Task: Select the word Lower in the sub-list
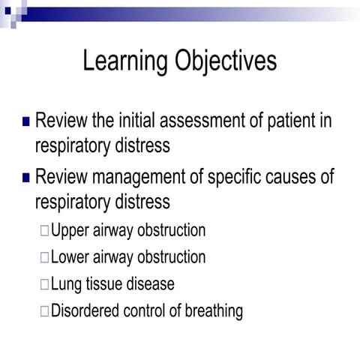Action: [70, 257]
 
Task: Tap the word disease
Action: [154, 284]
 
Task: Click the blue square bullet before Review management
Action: [27, 178]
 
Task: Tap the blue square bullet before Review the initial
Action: [27, 121]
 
